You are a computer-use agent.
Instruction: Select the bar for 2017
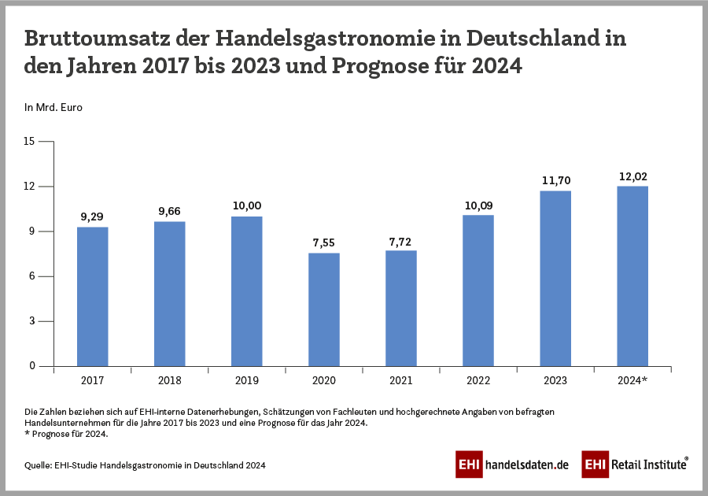click(x=93, y=297)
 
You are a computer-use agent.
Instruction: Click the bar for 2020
click(x=324, y=309)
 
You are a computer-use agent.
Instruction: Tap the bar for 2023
click(x=555, y=279)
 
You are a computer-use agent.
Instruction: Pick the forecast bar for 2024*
click(x=632, y=276)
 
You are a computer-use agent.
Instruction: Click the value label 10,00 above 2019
click(x=247, y=205)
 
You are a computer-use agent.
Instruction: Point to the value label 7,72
click(x=401, y=239)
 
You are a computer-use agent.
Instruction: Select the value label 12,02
click(x=632, y=176)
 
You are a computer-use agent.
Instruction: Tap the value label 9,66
click(x=170, y=211)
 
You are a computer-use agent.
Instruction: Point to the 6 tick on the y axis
click(x=32, y=276)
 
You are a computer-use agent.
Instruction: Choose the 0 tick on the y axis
click(x=32, y=366)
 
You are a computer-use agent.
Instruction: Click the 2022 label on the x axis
click(x=478, y=380)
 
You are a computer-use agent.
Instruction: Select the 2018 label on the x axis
click(x=170, y=380)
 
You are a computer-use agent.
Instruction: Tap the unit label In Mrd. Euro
click(x=53, y=107)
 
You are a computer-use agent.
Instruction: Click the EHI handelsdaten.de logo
click(x=511, y=465)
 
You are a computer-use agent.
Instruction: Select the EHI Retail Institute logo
click(x=635, y=465)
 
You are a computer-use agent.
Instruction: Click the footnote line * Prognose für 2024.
click(x=67, y=434)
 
